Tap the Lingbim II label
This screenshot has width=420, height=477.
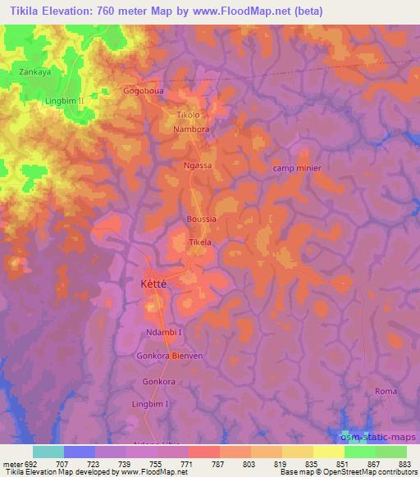click(66, 101)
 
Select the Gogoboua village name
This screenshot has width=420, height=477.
click(144, 92)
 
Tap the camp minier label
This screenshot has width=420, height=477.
click(296, 168)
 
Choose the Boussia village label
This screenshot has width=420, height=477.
click(202, 220)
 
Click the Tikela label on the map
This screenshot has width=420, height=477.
click(201, 243)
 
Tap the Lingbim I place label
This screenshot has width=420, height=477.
click(150, 404)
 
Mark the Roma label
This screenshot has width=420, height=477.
click(386, 392)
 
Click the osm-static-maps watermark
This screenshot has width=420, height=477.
click(378, 437)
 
